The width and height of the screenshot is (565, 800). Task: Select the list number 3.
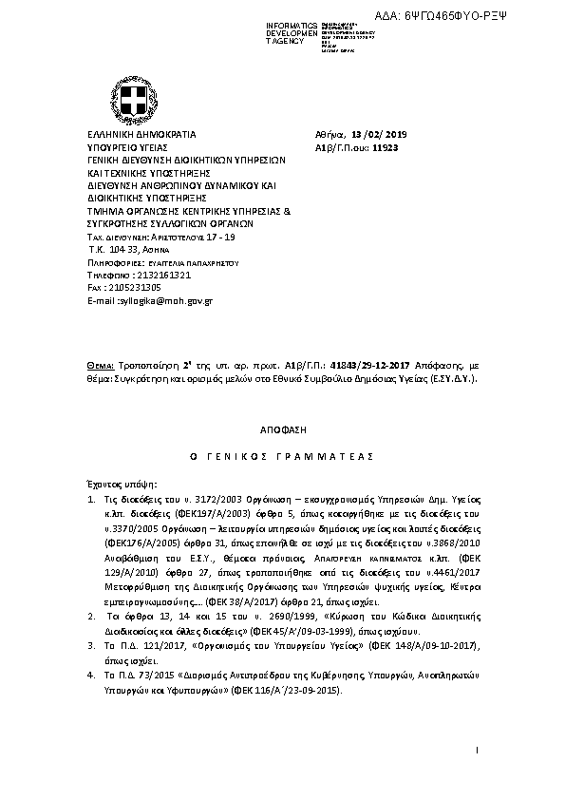coord(90,643)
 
